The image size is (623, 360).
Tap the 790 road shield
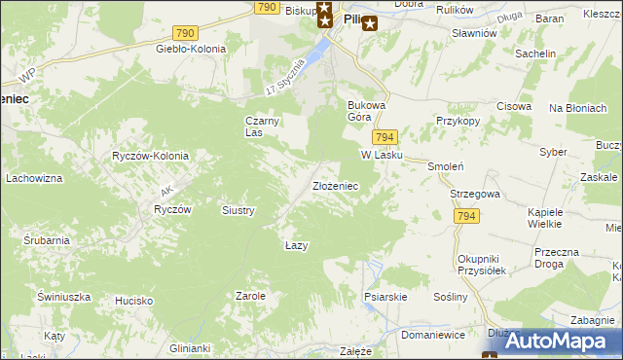tap(268, 7)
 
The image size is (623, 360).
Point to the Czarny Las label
tap(261, 126)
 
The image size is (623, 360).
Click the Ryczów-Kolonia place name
tap(150, 156)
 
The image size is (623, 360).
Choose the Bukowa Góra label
tap(368, 110)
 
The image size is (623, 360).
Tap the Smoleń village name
tap(443, 166)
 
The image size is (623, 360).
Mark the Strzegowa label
tap(475, 194)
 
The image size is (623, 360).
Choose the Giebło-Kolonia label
tap(191, 48)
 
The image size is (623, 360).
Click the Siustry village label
tap(238, 210)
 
